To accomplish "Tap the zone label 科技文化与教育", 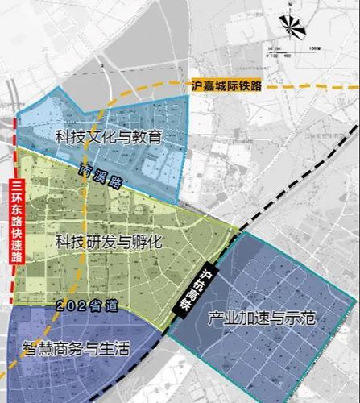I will pyautogui.click(x=110, y=137).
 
